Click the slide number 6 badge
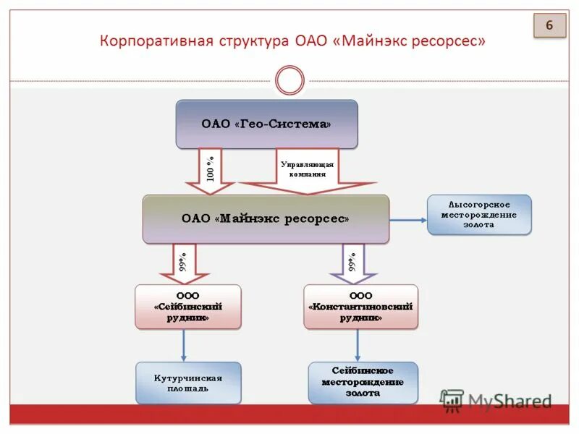click(549, 26)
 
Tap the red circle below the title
click(290, 80)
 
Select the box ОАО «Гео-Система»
click(266, 124)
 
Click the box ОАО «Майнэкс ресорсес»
click(266, 218)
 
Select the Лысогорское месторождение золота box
click(479, 215)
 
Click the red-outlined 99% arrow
click(184, 263)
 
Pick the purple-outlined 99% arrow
click(352, 263)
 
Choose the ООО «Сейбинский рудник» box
click(188, 307)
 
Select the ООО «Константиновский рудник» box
click(360, 307)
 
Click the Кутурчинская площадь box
click(188, 383)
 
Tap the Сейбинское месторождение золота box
click(363, 383)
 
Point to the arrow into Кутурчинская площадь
click(184, 346)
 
